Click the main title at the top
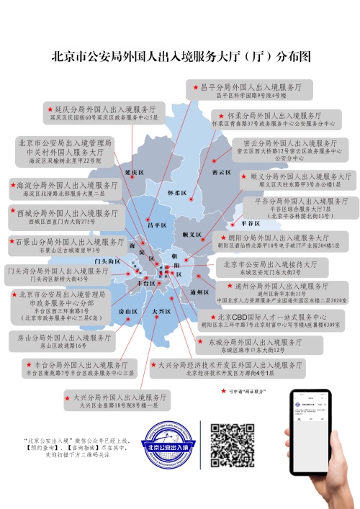[180, 56]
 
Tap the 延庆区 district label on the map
[135, 174]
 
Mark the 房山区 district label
[128, 311]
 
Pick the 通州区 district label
[199, 292]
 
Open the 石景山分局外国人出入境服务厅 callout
[68, 246]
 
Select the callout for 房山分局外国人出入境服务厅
[65, 341]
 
